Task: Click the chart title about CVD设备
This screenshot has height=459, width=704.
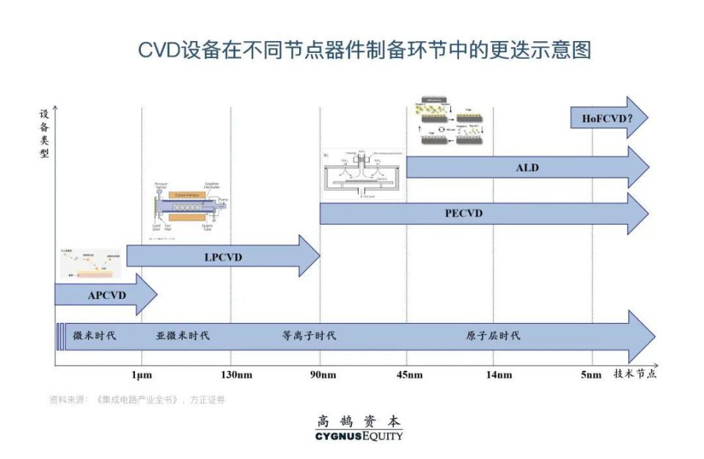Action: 365,50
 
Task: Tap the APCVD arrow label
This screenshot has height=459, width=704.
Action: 107,295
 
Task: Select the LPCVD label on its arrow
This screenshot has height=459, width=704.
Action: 223,257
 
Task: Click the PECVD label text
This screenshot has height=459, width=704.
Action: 463,214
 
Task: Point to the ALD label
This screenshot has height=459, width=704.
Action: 527,168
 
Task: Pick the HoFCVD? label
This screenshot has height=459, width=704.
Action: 598,118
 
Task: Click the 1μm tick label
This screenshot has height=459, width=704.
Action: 142,375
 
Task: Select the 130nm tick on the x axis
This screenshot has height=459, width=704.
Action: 231,375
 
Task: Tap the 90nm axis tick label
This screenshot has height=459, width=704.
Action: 320,375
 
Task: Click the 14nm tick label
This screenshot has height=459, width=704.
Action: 499,375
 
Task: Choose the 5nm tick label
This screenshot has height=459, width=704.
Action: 591,375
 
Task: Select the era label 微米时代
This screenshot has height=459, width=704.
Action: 95,336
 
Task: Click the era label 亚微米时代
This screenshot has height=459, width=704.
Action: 183,336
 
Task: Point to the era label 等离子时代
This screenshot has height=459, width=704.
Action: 309,336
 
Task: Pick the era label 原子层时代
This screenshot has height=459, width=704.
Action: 493,336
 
